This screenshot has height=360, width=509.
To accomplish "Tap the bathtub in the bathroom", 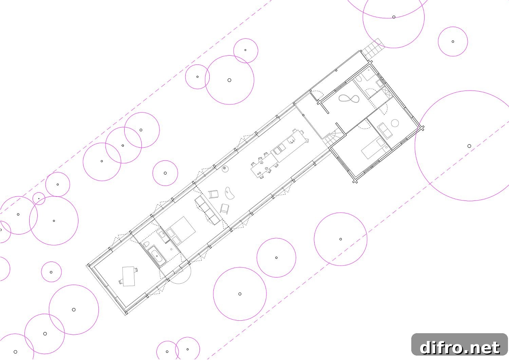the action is pos(157,256).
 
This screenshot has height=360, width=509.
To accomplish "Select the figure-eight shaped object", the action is pos(349,99).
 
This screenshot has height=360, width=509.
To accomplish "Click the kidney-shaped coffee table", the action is pos(230,193).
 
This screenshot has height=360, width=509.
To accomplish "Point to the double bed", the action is pos(181,231).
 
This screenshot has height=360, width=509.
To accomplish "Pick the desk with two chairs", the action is pos(129,277).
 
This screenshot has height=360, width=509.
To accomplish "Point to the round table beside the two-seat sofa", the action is pos(395,123).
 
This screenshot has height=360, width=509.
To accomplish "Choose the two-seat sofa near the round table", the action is pos(385,130).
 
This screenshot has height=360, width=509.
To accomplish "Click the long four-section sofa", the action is pos(208,210).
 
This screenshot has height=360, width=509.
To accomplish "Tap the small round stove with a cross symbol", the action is pos(225,169).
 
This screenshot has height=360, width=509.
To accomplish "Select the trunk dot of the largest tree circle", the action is pos(469,146).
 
